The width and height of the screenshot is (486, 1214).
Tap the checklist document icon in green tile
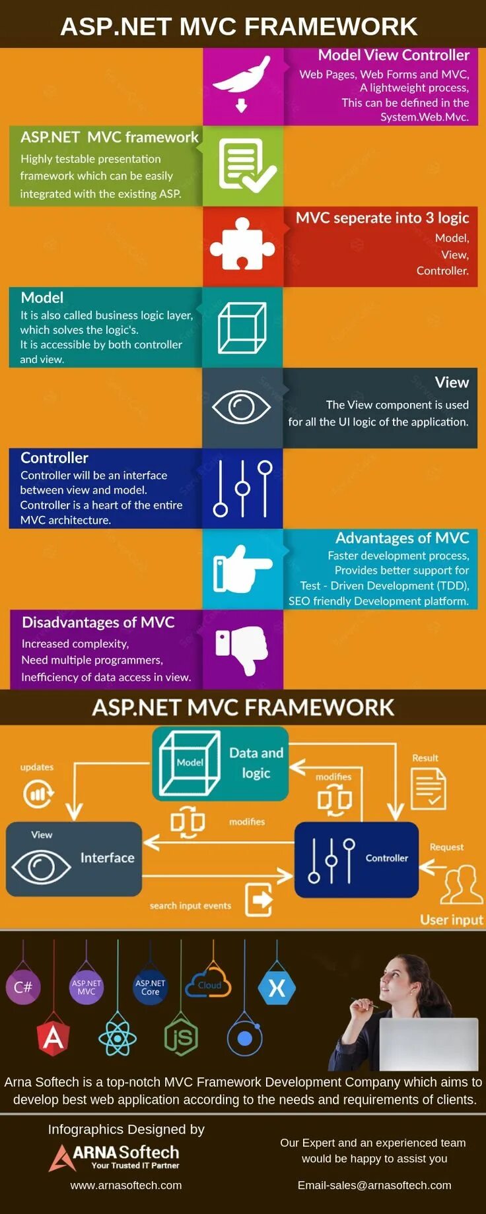click(245, 166)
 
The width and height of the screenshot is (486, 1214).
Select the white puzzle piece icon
click(242, 245)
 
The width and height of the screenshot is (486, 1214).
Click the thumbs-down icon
click(242, 649)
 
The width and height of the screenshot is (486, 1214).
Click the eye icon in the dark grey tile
click(241, 406)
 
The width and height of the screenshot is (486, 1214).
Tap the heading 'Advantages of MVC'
click(402, 538)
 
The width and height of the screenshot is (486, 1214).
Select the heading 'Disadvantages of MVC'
click(98, 622)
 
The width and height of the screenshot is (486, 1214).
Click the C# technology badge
click(23, 987)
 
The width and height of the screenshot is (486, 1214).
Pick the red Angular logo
click(53, 1037)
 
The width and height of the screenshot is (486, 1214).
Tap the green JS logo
click(181, 1038)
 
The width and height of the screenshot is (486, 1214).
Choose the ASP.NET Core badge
click(150, 987)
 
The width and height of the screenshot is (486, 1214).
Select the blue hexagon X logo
click(277, 988)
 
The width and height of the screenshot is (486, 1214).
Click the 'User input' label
click(452, 920)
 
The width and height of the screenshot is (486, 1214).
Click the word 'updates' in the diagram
click(37, 767)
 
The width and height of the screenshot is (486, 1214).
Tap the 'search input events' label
click(190, 906)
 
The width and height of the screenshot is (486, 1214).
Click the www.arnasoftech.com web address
click(126, 1185)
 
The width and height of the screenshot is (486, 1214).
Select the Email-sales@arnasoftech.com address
click(374, 1185)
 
